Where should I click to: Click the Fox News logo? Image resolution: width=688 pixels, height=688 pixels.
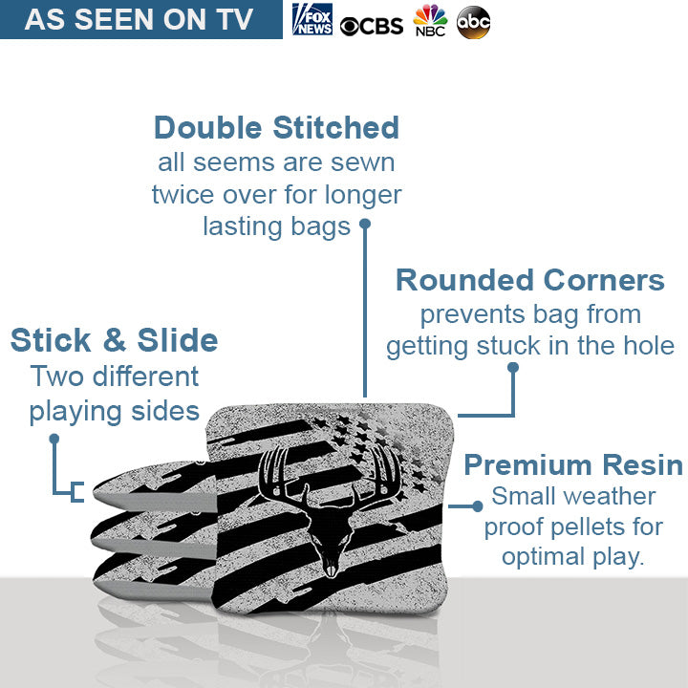[x=312, y=19]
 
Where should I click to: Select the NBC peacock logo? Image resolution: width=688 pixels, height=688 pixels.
[x=430, y=20]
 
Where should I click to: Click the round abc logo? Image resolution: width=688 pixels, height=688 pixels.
[x=473, y=21]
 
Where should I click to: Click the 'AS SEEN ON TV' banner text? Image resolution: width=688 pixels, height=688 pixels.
[x=140, y=20]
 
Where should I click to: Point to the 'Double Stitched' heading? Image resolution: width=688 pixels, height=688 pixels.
[x=276, y=127]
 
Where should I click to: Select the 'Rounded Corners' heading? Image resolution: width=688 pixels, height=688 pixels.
[x=530, y=280]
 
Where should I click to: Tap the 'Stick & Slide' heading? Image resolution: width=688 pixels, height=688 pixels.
[x=114, y=339]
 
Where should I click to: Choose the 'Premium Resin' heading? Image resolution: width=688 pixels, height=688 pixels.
[x=573, y=465]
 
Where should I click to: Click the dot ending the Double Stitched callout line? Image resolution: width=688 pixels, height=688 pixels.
[x=364, y=226]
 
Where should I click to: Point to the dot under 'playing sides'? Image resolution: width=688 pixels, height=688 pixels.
[x=54, y=439]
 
